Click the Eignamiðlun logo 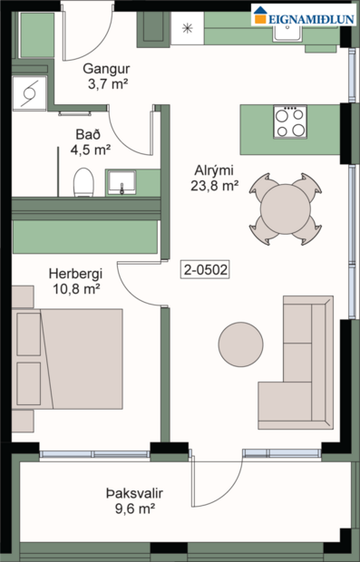click(304, 14)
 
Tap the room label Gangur click(102, 69)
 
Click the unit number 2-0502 click(204, 268)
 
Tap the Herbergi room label click(75, 273)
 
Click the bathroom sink click(121, 183)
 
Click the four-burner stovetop click(290, 121)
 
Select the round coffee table click(240, 344)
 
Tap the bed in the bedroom click(68, 359)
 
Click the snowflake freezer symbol click(188, 27)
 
